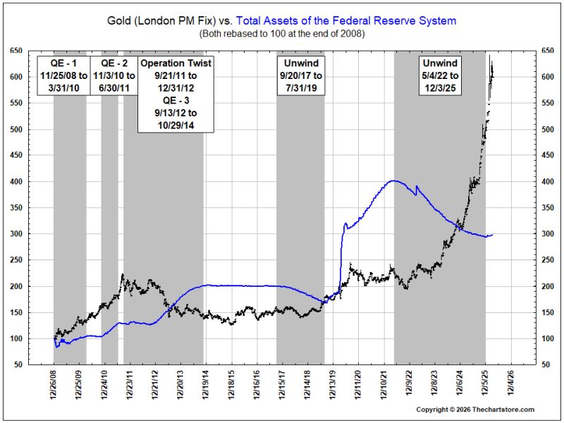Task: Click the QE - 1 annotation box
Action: point(63,75)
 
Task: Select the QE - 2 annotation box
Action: point(114,75)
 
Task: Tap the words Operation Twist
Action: point(176,63)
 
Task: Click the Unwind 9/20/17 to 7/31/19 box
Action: point(301,75)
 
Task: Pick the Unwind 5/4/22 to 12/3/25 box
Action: point(440,75)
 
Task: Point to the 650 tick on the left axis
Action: point(16,51)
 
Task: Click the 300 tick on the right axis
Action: point(548,234)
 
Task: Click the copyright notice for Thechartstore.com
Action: point(475,410)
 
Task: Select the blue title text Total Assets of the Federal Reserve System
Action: point(346,20)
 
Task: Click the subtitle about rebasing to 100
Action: point(282,34)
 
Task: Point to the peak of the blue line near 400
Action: point(393,180)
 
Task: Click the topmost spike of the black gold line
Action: point(489,55)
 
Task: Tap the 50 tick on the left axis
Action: point(18,364)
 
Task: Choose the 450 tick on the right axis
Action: point(548,155)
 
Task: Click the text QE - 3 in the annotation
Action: point(176,100)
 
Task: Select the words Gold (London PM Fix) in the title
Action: point(161,20)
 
